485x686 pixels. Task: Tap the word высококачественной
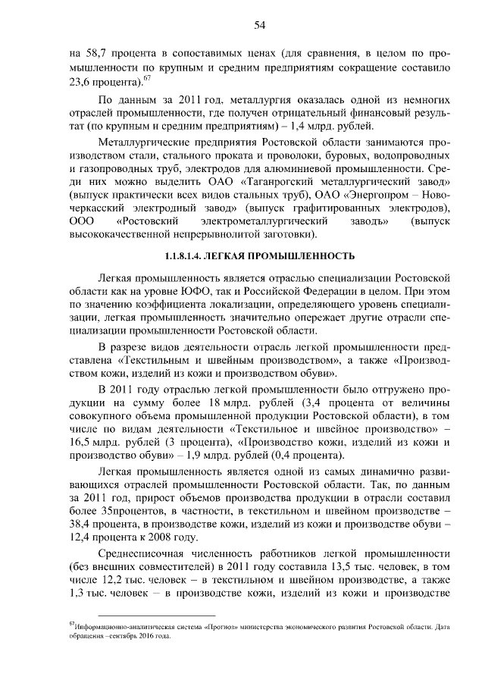[121, 236]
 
